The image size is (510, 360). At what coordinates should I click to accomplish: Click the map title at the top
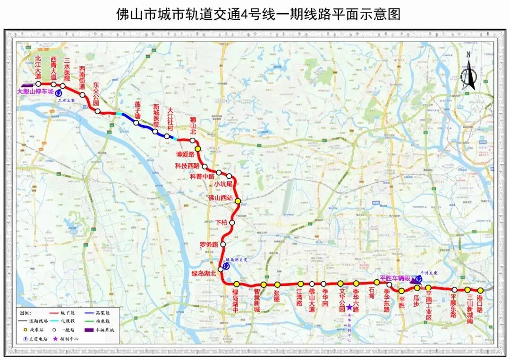(258, 14)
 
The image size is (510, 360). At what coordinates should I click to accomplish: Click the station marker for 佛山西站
(238, 201)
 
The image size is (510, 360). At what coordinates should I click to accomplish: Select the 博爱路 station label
(185, 154)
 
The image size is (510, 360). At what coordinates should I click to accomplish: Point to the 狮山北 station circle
(193, 141)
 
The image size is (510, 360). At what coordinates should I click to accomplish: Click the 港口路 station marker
(480, 291)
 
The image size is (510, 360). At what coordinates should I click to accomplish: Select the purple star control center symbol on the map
(349, 293)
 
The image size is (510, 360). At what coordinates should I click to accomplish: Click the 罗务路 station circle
(223, 244)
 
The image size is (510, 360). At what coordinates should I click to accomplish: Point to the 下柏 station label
(221, 222)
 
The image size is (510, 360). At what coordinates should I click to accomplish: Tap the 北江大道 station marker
(38, 84)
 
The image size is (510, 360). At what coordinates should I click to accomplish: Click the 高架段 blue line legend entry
(104, 313)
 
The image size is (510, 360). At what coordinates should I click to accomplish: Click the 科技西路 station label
(187, 166)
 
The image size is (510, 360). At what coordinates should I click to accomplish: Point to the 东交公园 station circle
(98, 111)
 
